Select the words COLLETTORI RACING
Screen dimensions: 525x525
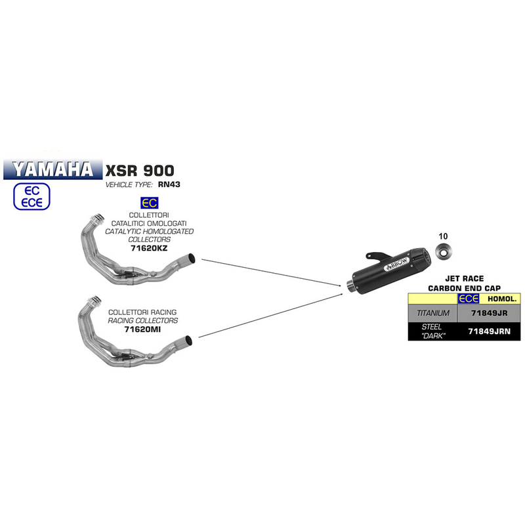point(143,311)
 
